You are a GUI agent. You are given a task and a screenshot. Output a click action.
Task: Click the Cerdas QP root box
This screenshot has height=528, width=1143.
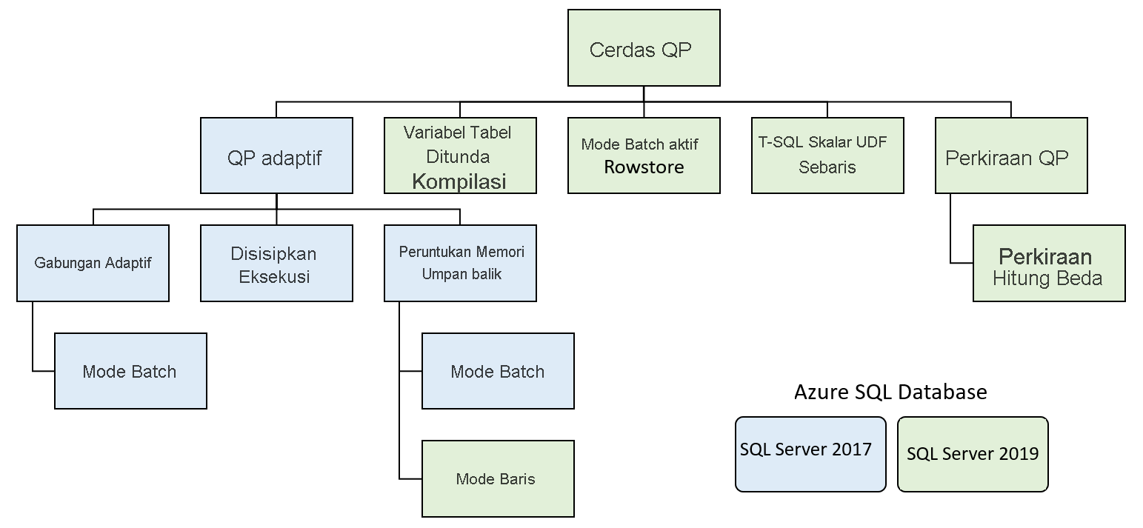pyautogui.click(x=643, y=48)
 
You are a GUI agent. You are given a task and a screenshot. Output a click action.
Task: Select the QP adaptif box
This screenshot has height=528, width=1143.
pyautogui.click(x=276, y=156)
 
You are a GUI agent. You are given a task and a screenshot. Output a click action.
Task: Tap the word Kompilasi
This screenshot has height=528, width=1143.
pyautogui.click(x=459, y=181)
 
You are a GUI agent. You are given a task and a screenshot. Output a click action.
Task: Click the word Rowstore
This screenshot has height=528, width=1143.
pyautogui.click(x=644, y=167)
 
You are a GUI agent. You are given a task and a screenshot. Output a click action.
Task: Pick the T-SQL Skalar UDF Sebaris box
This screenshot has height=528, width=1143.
pyautogui.click(x=827, y=156)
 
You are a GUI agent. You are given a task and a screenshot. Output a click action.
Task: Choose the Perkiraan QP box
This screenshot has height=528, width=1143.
pyautogui.click(x=1010, y=156)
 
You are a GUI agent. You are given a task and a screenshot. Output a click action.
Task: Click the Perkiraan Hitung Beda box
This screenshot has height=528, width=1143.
pyautogui.click(x=1048, y=264)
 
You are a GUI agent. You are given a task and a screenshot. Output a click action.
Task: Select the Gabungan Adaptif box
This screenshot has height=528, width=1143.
pyautogui.click(x=93, y=264)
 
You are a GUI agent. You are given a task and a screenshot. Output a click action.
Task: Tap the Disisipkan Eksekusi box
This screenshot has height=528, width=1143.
pyautogui.click(x=276, y=264)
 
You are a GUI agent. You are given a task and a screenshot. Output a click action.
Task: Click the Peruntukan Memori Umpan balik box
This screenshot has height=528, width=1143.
pyautogui.click(x=460, y=264)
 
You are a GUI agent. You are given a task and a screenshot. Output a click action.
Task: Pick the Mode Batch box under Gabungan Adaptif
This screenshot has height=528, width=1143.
pyautogui.click(x=130, y=371)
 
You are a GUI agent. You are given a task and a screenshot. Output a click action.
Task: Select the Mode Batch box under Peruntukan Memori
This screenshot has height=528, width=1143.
pyautogui.click(x=498, y=371)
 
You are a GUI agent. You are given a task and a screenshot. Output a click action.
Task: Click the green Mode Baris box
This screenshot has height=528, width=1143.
pyautogui.click(x=498, y=478)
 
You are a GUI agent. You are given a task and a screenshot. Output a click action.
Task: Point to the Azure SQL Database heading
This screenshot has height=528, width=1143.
pyautogui.click(x=890, y=392)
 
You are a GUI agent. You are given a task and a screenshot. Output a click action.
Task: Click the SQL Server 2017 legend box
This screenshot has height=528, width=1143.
pyautogui.click(x=810, y=454)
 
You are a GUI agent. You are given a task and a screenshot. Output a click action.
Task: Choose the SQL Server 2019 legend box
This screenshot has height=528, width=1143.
pyautogui.click(x=973, y=454)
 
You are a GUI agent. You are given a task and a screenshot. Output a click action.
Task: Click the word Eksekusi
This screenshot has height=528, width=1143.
pyautogui.click(x=274, y=278)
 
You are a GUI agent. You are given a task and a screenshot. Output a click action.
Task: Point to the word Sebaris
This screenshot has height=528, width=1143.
pyautogui.click(x=827, y=167)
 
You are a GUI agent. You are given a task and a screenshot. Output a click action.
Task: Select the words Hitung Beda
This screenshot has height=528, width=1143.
pyautogui.click(x=1047, y=278)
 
